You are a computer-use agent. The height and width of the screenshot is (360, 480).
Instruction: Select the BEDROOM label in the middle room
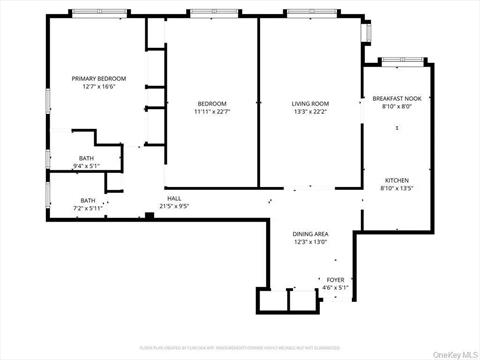pyautogui.click(x=211, y=103)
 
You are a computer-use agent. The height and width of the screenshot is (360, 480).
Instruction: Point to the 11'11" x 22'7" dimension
pyautogui.click(x=211, y=112)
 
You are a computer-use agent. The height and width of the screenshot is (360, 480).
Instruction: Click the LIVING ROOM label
pyautogui.click(x=310, y=103)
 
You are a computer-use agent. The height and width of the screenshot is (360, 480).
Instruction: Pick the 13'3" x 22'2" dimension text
pyautogui.click(x=310, y=112)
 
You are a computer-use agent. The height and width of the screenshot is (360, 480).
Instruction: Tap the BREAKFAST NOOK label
pyautogui.click(x=396, y=98)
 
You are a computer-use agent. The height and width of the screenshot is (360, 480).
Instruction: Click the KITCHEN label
pyautogui.click(x=396, y=180)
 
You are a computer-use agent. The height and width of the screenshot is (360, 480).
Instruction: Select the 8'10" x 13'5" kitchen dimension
pyautogui.click(x=396, y=189)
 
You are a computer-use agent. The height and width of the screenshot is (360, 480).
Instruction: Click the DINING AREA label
pyautogui.click(x=311, y=233)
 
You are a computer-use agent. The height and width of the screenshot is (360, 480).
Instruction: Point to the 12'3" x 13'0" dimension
pyautogui.click(x=311, y=242)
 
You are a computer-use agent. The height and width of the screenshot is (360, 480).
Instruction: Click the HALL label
pyautogui.click(x=174, y=198)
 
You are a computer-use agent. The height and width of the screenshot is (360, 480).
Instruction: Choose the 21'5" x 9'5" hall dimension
pyautogui.click(x=174, y=207)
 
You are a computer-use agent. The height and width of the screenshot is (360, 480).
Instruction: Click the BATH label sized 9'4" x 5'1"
pyautogui.click(x=87, y=158)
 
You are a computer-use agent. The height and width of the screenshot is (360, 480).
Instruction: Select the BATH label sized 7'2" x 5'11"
pyautogui.click(x=88, y=200)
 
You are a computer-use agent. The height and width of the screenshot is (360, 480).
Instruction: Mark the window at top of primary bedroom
pyautogui.click(x=98, y=13)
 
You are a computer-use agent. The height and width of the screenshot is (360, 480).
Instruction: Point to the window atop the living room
pyautogui.click(x=311, y=13)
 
